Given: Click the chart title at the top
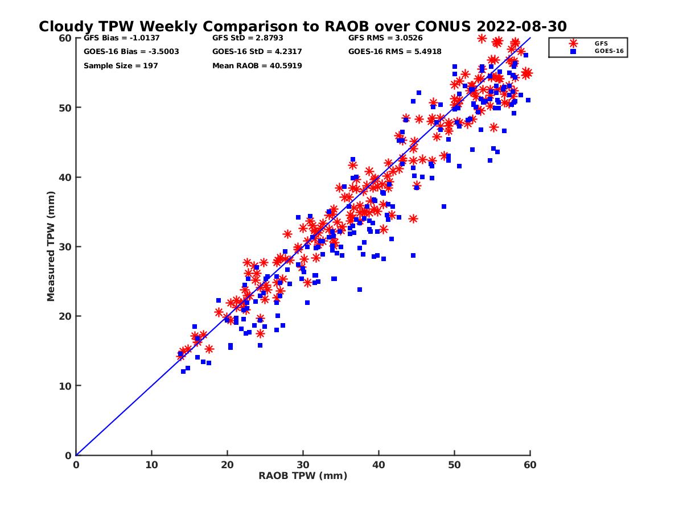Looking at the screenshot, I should point(303,27).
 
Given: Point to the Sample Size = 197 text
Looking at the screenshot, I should point(121,66).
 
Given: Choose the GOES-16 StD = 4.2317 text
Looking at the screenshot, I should point(257,52).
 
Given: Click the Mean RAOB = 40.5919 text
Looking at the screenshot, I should point(257,66).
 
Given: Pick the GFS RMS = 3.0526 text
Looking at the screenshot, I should point(385,39).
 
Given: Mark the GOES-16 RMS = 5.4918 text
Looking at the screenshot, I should point(395,52).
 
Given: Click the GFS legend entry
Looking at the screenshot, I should point(600,43).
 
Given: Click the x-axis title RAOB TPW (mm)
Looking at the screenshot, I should point(303,476).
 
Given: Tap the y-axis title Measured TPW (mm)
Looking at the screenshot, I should point(51,246).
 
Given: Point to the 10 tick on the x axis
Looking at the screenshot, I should point(151,465).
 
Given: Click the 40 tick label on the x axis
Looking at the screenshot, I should point(378,465).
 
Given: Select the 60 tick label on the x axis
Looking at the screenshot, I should point(530,465).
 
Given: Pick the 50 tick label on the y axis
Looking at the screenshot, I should point(66,108).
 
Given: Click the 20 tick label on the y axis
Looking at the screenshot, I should point(66,316).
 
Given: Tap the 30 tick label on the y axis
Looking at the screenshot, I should point(66,247).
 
